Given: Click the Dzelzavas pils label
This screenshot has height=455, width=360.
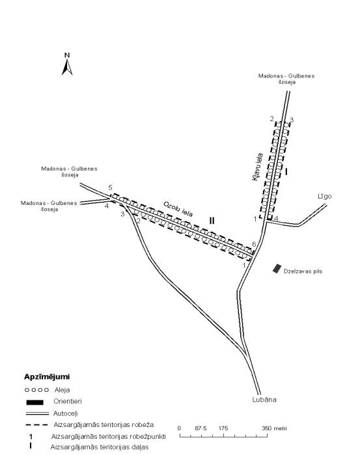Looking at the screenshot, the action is point(303,271).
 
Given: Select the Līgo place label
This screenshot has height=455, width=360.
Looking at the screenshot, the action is point(325,196).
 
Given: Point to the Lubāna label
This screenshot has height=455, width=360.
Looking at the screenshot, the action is point(264,400).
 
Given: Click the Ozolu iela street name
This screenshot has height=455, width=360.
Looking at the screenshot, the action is point(178,209).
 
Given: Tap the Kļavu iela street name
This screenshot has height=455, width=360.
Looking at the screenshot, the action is point(258,167).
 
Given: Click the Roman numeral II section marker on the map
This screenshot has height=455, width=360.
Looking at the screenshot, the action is point(212,221).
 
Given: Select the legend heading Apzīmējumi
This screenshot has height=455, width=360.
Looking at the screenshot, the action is point(47,377).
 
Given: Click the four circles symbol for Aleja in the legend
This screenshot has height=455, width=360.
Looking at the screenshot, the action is point(36,390).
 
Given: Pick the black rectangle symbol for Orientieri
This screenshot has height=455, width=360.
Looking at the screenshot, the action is point(35,402).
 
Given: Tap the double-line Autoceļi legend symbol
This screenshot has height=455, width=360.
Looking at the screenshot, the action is point(37,413).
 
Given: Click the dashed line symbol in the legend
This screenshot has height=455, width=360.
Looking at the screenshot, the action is point(37,425).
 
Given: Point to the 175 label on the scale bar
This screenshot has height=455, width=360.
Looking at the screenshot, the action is point(223,428).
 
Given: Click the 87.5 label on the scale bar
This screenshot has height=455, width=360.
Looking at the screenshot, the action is point(201,428).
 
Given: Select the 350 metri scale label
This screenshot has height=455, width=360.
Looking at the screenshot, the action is point(274,428).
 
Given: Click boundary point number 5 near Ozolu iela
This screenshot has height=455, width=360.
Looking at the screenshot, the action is point(110,187).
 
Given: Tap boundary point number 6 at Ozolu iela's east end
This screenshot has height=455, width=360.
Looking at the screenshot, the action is point(254,244).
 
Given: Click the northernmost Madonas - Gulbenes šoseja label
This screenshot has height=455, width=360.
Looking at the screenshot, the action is point(286,79).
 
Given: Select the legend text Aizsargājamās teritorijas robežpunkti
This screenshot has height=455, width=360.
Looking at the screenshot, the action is point(109,436).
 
